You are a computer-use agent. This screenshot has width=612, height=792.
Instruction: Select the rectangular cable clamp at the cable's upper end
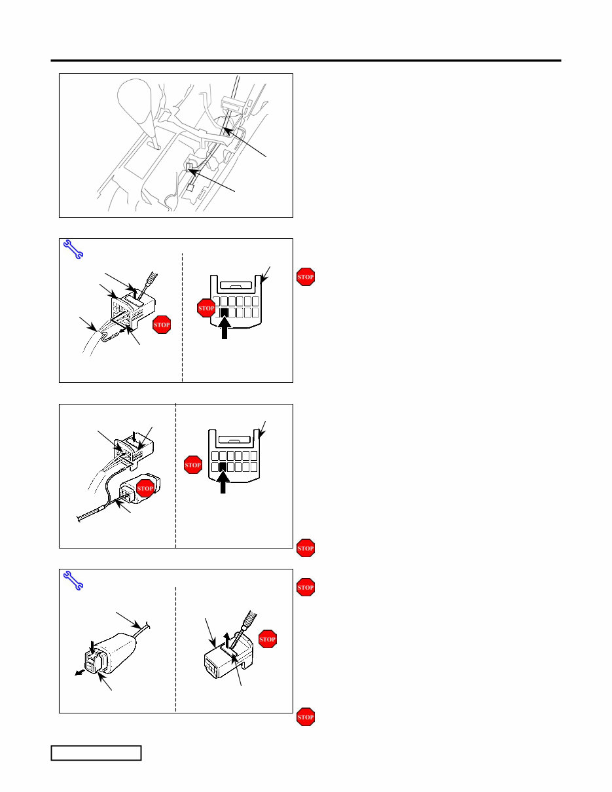(x=234, y=101)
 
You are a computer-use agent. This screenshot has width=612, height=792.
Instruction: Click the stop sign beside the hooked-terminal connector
(x=161, y=325)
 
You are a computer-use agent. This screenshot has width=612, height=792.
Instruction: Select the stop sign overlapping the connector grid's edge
(x=206, y=309)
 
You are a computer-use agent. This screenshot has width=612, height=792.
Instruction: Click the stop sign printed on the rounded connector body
(x=145, y=488)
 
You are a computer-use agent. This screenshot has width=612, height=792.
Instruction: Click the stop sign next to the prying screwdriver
(x=268, y=639)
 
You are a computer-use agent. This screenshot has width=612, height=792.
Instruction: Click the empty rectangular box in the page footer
(x=97, y=753)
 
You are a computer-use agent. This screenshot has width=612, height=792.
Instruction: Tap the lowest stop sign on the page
(x=306, y=717)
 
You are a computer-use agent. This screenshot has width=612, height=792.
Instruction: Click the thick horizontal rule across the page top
(x=306, y=61)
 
